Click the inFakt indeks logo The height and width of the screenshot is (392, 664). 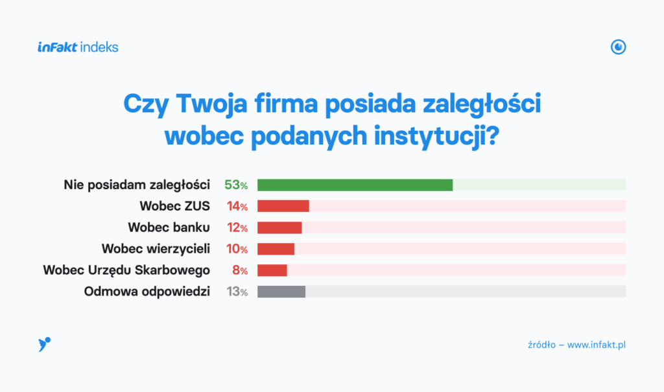[x=78, y=47]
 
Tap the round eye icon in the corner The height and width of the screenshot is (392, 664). [x=619, y=47]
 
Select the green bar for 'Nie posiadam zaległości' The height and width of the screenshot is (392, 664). [x=355, y=185]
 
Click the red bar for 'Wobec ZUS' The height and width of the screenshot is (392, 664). [x=283, y=206]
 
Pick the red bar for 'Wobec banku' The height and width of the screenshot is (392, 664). [x=279, y=227]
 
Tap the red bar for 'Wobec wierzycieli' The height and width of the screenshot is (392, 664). [x=276, y=249]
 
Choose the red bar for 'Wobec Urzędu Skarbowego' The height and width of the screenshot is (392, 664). [x=272, y=270]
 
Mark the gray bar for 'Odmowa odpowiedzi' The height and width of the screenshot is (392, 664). [x=281, y=292]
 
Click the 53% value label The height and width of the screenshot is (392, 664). [x=236, y=185]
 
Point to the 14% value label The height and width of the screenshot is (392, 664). [x=236, y=206]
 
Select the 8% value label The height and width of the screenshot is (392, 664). [x=240, y=270]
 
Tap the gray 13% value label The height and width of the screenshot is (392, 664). [x=237, y=292]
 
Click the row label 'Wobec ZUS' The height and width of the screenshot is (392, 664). [x=174, y=206]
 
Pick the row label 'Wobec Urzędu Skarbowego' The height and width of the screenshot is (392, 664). [x=126, y=270]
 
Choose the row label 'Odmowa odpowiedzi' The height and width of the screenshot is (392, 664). [x=147, y=292]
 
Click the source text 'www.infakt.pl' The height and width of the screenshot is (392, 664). [x=596, y=345]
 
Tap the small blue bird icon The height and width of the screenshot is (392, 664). [x=44, y=345]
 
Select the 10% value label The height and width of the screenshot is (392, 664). [x=236, y=249]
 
